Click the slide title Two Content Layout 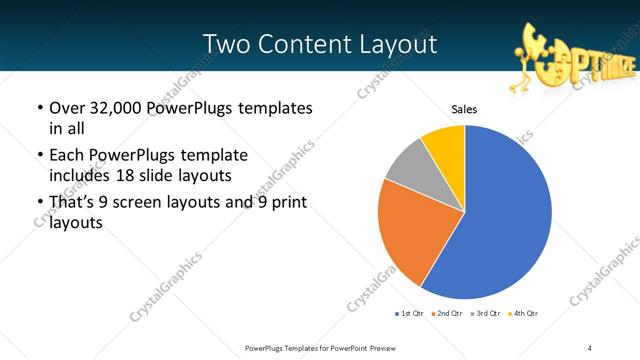[x=319, y=44]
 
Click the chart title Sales [x=463, y=109]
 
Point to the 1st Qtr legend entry [x=411, y=314]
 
